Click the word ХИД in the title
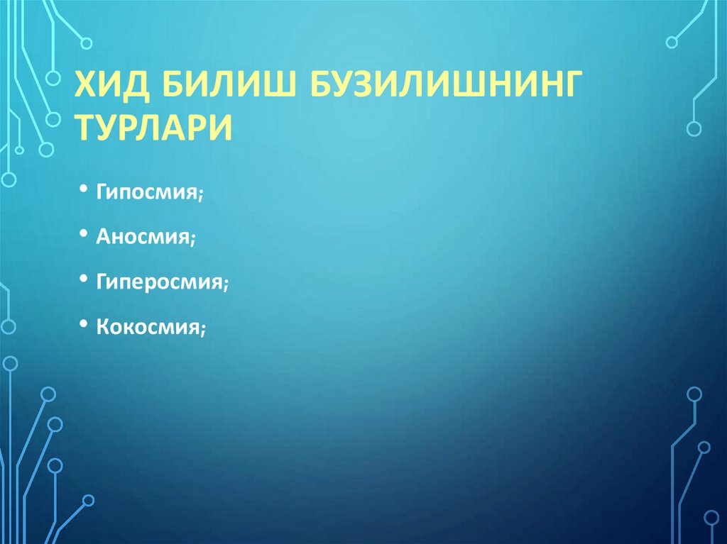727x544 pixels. (113, 87)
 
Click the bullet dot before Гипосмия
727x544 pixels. (84, 190)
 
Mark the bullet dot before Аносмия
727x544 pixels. (84, 235)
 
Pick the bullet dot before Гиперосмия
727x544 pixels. (84, 279)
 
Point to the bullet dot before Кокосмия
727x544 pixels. (84, 324)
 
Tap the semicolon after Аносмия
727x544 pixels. (192, 240)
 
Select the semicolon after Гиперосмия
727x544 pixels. (225, 284)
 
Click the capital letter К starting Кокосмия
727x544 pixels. (102, 327)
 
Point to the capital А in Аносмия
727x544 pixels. (103, 237)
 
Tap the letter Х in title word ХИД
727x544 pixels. (87, 87)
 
